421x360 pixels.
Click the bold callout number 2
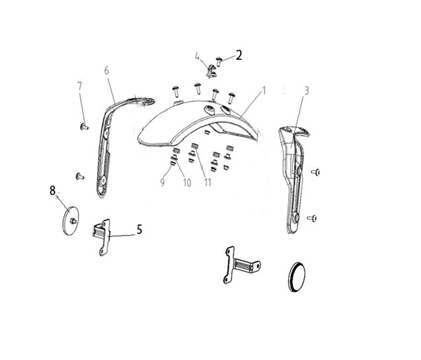[239, 55]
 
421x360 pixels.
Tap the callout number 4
[197, 57]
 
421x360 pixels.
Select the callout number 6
[107, 70]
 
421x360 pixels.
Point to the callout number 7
[80, 86]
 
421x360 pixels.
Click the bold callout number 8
[53, 190]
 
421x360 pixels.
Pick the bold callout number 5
[140, 230]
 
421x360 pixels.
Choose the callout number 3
[306, 91]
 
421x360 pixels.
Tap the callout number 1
[264, 91]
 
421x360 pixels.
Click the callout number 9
[163, 182]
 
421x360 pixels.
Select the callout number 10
[187, 183]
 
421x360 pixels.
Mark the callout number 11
[208, 182]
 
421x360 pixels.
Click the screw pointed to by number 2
[219, 62]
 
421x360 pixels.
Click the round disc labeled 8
[69, 221]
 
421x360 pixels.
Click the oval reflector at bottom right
[296, 277]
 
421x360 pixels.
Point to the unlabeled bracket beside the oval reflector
[241, 265]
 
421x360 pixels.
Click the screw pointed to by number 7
[84, 126]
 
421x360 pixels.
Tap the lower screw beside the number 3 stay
[312, 218]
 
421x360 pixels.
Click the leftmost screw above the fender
[176, 91]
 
